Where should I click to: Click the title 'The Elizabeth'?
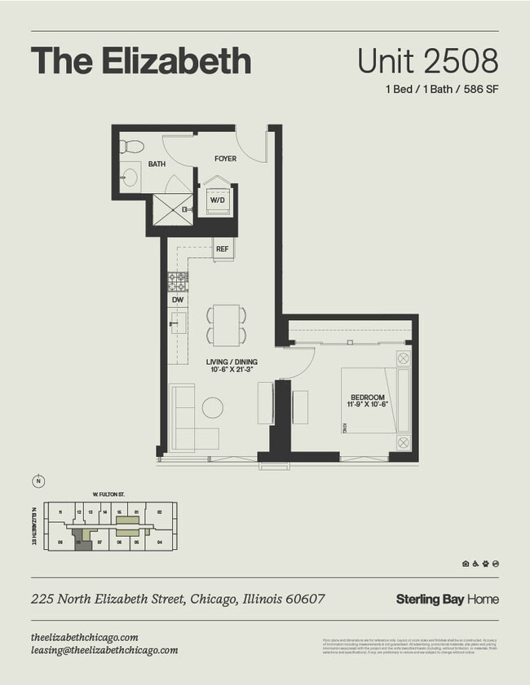click(140, 61)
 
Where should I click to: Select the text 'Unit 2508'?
click(427, 61)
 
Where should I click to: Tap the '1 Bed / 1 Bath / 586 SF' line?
click(441, 90)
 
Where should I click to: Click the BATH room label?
click(156, 165)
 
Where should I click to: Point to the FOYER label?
click(225, 159)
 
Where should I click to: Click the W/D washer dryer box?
click(218, 200)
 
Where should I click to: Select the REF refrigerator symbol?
click(222, 249)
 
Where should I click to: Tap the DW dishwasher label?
click(177, 300)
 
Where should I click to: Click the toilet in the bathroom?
click(131, 147)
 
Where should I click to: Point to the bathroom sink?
click(129, 177)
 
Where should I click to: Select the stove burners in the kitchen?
click(177, 282)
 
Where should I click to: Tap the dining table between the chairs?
click(223, 323)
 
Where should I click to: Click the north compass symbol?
click(38, 481)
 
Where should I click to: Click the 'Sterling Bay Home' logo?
click(447, 599)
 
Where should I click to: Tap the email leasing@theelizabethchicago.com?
click(104, 650)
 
